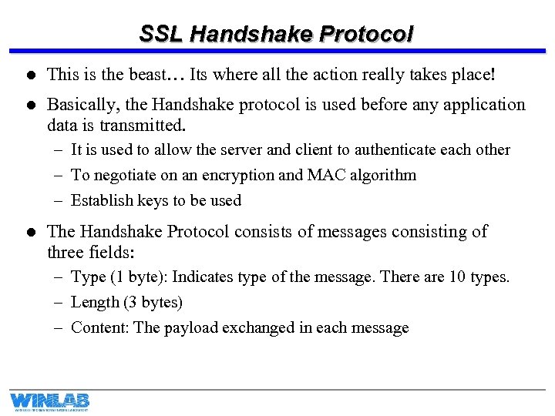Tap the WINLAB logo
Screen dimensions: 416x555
(x=49, y=401)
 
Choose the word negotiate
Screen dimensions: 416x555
(x=124, y=175)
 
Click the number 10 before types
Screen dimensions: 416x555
(x=458, y=277)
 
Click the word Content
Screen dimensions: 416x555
(x=99, y=327)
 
